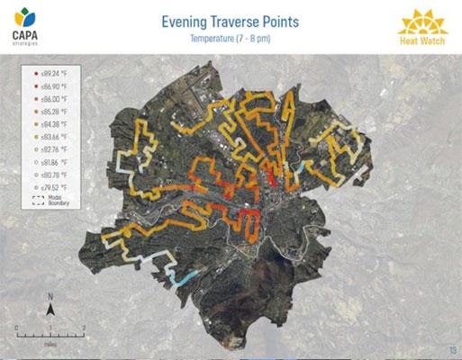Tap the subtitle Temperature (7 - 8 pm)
click(x=231, y=39)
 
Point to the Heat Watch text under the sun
click(x=421, y=42)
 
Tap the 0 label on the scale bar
click(x=17, y=327)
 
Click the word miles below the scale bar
click(x=50, y=343)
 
